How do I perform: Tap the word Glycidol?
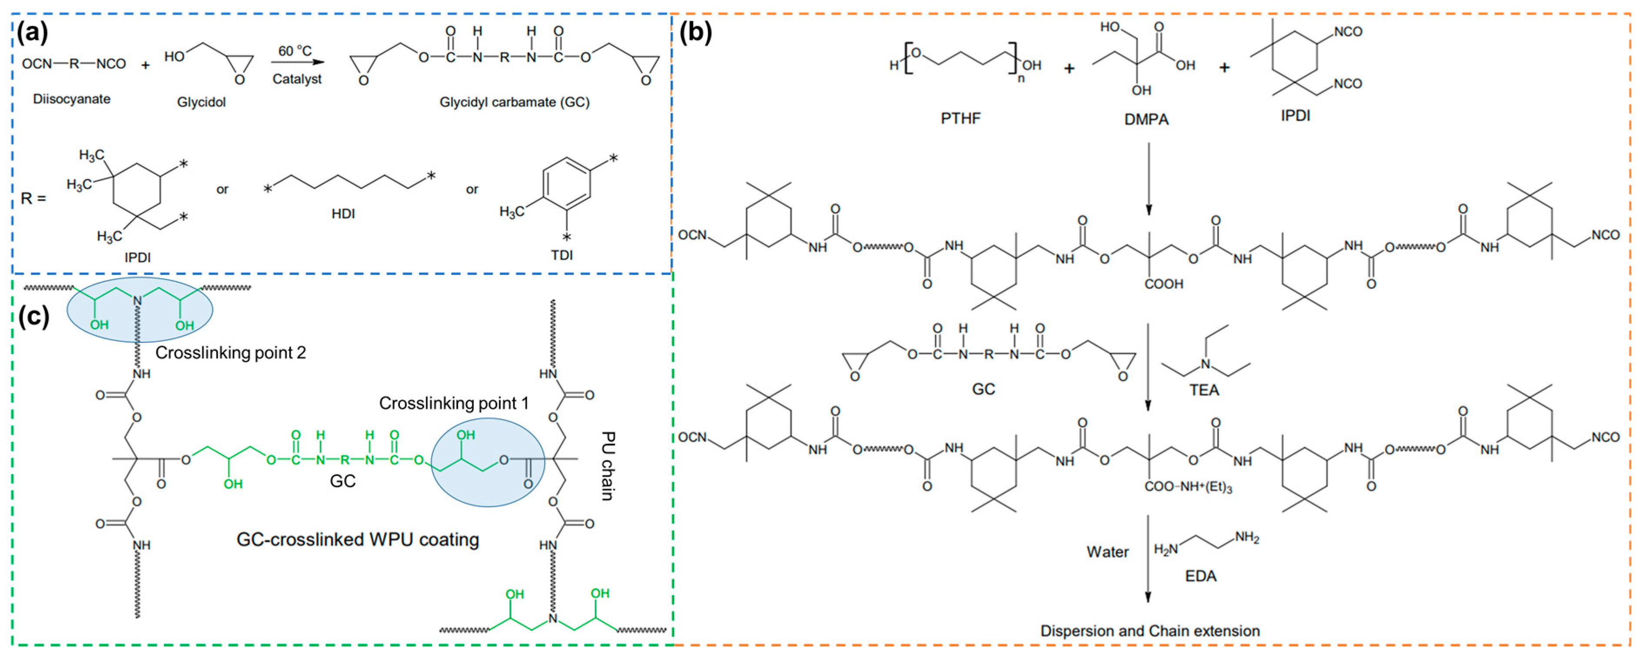click(x=201, y=102)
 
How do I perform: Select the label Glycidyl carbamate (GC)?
click(x=514, y=102)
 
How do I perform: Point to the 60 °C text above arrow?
click(x=295, y=50)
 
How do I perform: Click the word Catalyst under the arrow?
click(x=297, y=79)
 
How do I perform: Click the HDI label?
click(x=343, y=214)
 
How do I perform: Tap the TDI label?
click(x=562, y=255)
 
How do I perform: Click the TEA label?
click(x=1204, y=390)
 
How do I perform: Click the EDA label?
click(x=1200, y=576)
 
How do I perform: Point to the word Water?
click(x=1107, y=552)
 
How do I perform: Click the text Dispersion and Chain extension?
click(x=1150, y=631)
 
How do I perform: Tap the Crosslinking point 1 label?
click(x=453, y=403)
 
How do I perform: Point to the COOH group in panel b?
click(x=1164, y=284)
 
